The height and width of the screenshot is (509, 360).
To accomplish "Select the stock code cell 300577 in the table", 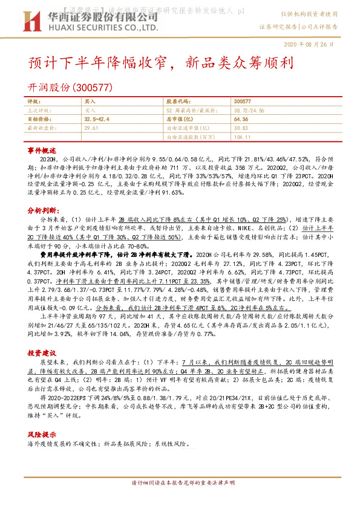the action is pos(242,102).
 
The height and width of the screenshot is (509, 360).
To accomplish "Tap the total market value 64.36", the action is pos(241,120).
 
